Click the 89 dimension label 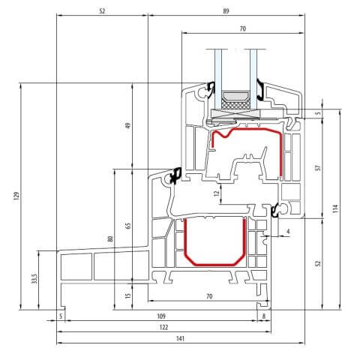pyautogui.click(x=226, y=11)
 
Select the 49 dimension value pyautogui.click(x=128, y=125)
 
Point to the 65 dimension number pyautogui.click(x=128, y=226)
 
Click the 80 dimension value pyautogui.click(x=111, y=238)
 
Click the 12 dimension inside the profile pyautogui.click(x=216, y=194)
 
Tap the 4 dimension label pyautogui.click(x=289, y=232)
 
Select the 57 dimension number pyautogui.click(x=317, y=168)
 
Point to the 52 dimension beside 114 pyautogui.click(x=317, y=263)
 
